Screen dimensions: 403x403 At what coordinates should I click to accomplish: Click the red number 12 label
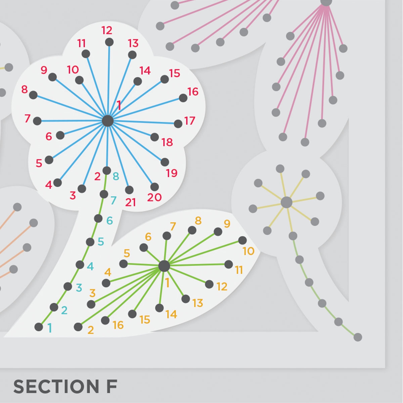[x=107, y=31]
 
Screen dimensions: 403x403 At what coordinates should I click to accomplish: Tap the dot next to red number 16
[x=183, y=98]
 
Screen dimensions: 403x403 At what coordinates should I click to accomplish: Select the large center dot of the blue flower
[x=107, y=121]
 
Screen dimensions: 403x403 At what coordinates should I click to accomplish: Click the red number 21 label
[x=131, y=202]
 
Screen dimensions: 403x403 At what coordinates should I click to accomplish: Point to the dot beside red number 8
[x=33, y=95]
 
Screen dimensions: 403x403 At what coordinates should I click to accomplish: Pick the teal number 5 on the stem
[x=101, y=242]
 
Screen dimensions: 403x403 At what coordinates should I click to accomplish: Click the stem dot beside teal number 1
[x=39, y=327]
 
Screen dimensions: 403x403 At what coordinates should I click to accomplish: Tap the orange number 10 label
[x=249, y=251]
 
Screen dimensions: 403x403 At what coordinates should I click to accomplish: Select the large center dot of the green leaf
[x=164, y=266]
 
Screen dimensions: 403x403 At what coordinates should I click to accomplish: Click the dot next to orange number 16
[x=105, y=320]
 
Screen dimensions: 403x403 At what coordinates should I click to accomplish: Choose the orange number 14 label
[x=171, y=314]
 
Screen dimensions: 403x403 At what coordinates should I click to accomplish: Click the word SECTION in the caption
[x=56, y=387]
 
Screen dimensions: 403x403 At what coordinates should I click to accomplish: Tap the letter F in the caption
[x=112, y=387]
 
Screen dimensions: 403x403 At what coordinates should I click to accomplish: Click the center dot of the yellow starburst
[x=286, y=203]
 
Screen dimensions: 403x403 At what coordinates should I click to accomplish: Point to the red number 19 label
[x=172, y=173]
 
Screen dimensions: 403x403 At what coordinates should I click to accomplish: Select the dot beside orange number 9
[x=218, y=232]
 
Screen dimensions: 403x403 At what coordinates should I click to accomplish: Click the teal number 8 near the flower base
[x=116, y=176]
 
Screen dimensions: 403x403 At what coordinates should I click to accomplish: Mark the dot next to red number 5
[x=49, y=160]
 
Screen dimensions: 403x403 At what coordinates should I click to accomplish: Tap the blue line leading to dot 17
[x=143, y=122]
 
